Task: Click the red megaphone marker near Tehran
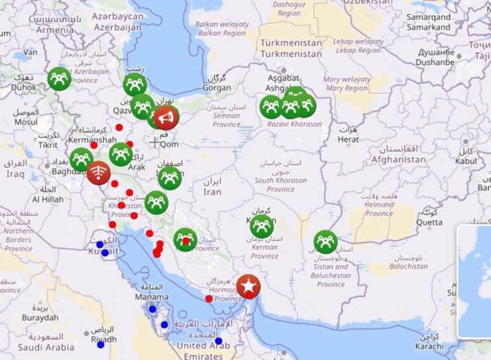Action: tap(166, 117)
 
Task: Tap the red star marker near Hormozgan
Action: tap(248, 286)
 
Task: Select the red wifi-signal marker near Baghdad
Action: tap(99, 173)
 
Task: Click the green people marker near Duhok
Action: tap(59, 79)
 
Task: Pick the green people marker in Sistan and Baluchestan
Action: tap(325, 241)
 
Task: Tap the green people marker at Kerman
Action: tap(262, 226)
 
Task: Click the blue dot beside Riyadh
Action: tap(101, 345)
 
